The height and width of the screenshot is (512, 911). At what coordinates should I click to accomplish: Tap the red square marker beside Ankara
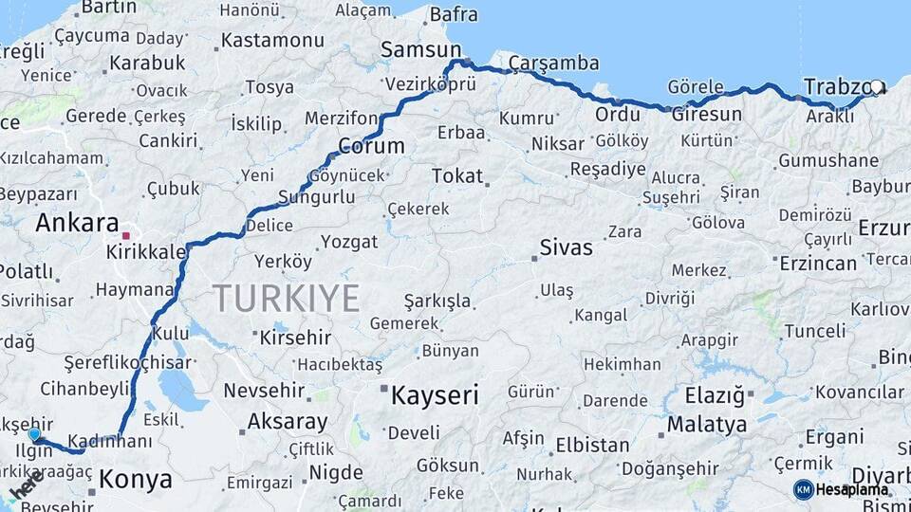point(126,233)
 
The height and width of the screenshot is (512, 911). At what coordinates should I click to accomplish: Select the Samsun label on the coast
point(420,49)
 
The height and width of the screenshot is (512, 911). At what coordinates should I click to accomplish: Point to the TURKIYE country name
point(286,299)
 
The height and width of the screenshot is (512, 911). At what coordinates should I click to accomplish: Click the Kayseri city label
point(435,395)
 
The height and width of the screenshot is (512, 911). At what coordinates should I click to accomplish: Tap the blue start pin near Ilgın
point(35,434)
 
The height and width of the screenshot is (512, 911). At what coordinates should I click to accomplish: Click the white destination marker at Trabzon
point(878,87)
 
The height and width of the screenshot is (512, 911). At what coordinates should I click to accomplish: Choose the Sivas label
point(566,248)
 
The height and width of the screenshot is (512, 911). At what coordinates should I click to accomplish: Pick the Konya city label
point(136,479)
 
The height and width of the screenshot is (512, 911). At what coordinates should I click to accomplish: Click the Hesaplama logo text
point(852,489)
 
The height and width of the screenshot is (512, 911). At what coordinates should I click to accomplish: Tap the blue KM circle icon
point(803,489)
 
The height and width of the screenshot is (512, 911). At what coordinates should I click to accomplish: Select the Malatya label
point(706,424)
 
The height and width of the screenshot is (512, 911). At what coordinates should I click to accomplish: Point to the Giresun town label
point(706,115)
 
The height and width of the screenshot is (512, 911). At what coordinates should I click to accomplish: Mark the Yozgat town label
point(348,242)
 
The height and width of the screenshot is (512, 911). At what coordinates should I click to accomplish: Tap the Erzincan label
point(817,264)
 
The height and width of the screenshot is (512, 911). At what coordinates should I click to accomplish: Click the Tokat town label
point(456,176)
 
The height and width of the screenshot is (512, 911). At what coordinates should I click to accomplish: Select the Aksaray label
point(288,421)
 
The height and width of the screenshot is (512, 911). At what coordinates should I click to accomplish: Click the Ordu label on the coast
point(617,115)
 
